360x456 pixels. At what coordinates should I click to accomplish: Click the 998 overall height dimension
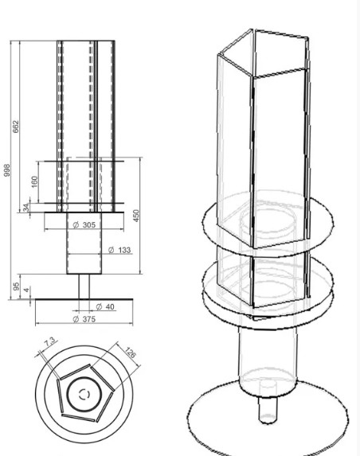click(7, 170)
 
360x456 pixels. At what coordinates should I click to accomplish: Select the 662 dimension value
click(16, 127)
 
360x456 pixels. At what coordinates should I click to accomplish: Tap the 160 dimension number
click(34, 181)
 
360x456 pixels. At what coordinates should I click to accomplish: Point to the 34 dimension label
click(26, 208)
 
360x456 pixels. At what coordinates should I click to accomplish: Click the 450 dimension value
click(136, 216)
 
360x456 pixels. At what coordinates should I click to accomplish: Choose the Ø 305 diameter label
click(84, 224)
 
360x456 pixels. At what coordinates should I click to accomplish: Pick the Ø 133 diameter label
click(119, 250)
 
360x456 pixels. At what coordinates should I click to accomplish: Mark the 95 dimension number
click(16, 286)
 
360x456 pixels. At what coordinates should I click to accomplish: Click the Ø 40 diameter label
click(105, 307)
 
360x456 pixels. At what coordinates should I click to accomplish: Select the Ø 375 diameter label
click(84, 319)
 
